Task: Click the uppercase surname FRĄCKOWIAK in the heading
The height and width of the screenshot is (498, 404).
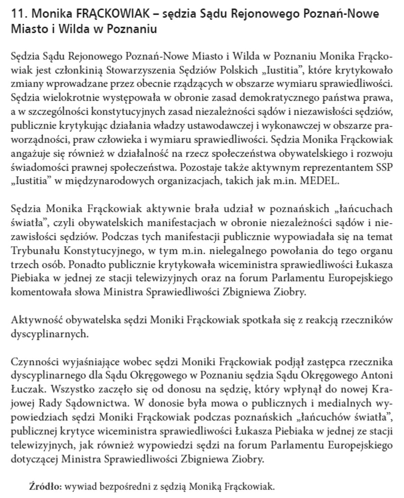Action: coord(113,14)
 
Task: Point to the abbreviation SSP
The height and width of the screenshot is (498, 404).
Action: coord(384,167)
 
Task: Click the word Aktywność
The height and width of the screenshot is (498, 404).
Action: coord(37,320)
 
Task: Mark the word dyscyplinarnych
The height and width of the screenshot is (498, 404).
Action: coord(49,334)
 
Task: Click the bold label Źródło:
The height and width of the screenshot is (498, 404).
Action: coord(45,486)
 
